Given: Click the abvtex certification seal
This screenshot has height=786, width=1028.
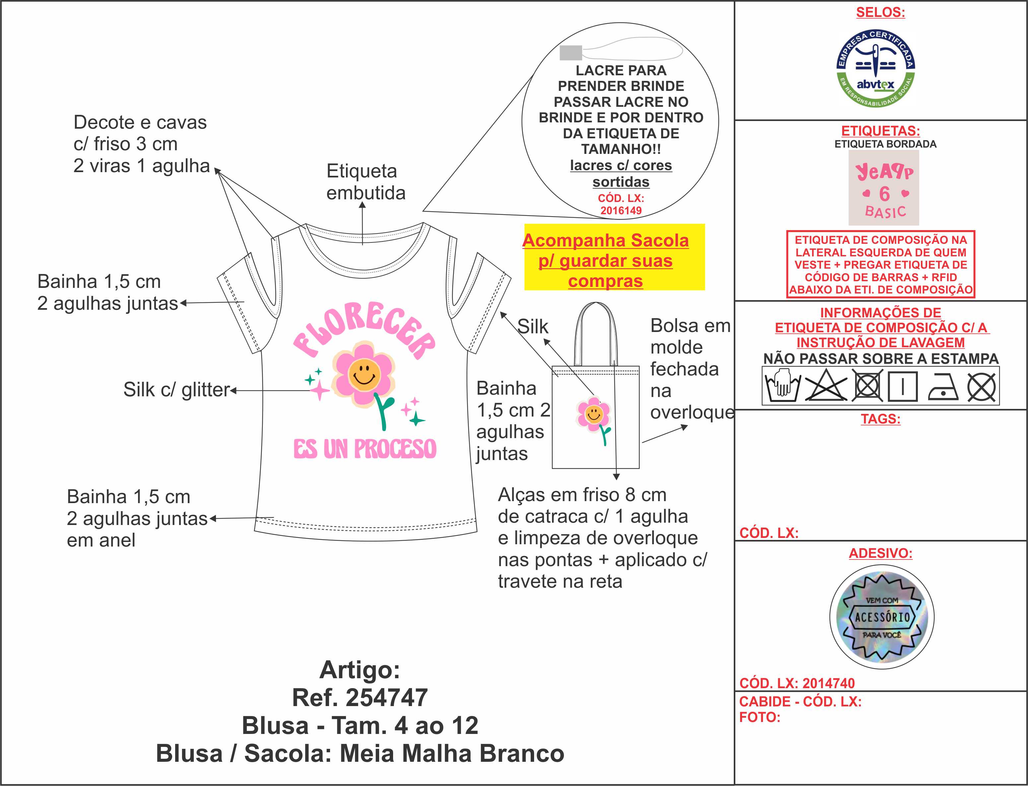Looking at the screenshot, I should coord(875,68).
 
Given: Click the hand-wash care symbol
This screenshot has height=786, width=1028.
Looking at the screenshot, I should coord(782,386).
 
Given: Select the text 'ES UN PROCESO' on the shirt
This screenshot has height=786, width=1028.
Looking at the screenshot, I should coord(365,449).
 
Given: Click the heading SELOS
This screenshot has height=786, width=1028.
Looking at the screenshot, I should coord(880,13).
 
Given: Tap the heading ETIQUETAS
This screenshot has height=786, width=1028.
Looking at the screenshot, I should coord(880,131).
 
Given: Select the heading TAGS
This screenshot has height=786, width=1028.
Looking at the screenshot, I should coord(880,419).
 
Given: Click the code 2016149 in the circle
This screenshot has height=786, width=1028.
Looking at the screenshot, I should coord(621,211).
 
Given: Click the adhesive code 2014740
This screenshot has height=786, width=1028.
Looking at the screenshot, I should coord(828,683).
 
